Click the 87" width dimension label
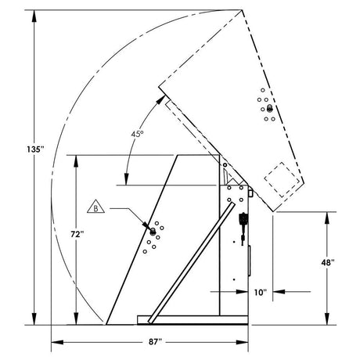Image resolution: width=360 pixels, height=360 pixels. tap(153, 341)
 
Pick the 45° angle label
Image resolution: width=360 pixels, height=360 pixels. tap(137, 135)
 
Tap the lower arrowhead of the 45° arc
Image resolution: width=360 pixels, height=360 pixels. tap(125, 181)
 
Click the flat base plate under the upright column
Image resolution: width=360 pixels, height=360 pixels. tap(192, 319)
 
